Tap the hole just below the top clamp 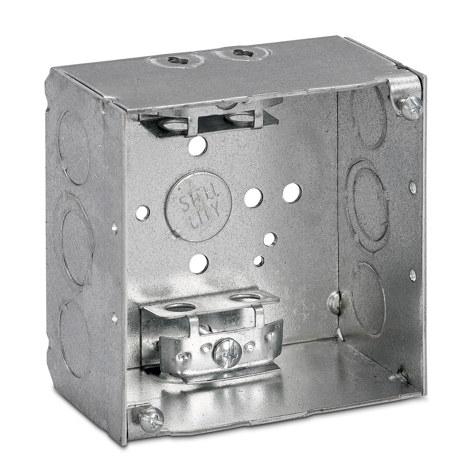pos(197,145)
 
